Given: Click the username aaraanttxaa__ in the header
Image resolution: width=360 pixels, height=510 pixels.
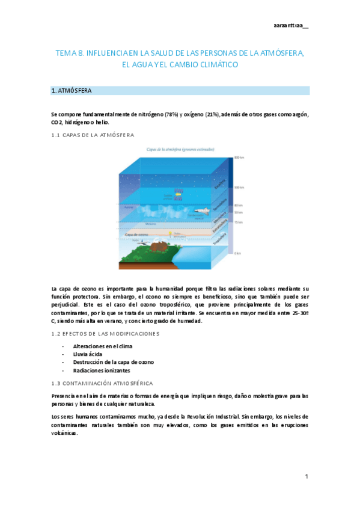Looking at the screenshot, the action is click(291, 25).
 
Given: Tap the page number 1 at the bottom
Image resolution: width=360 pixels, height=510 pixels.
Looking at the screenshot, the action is click(307, 476).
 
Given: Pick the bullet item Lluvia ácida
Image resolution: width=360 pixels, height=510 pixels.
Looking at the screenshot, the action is click(88, 354).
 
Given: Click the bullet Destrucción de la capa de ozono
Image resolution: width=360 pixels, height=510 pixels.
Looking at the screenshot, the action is click(113, 362).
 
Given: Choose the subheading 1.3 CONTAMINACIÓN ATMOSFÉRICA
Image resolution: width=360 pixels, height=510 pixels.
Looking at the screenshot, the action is click(102, 383).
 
